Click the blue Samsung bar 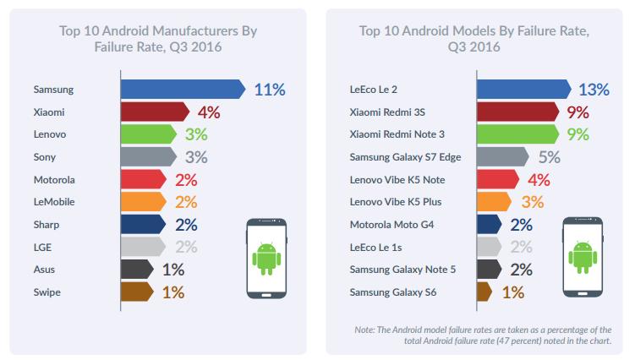tap(182, 89)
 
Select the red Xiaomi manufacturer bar tap(153, 112)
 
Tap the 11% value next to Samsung tap(268, 89)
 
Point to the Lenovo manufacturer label tap(50, 134)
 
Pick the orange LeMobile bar tap(147, 202)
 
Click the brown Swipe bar tap(136, 292)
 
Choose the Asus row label tap(44, 270)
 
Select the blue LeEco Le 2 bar tap(523, 89)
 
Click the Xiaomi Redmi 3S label tap(388, 112)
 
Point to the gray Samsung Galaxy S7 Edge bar tap(502, 156)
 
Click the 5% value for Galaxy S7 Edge tap(550, 156)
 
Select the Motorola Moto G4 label tap(391, 225)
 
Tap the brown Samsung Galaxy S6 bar tap(484, 292)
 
